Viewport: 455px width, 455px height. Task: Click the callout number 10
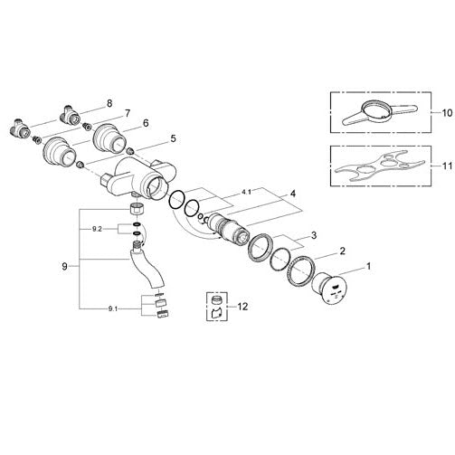(x=447, y=113)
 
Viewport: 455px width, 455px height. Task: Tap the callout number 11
(x=447, y=166)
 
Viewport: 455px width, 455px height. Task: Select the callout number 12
(x=242, y=307)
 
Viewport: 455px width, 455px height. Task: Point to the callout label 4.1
(x=246, y=192)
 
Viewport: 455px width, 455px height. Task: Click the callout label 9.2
(x=97, y=229)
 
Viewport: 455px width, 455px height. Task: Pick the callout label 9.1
(x=112, y=308)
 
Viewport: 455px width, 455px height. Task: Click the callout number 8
(x=109, y=103)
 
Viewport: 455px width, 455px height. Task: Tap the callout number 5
(x=173, y=138)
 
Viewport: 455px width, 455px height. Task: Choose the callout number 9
(x=64, y=267)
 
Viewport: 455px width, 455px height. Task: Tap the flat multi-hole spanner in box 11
(x=380, y=166)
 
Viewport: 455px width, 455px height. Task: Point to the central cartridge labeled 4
(x=229, y=228)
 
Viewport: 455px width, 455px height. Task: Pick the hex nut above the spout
(x=137, y=209)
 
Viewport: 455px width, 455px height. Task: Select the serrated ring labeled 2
(x=301, y=270)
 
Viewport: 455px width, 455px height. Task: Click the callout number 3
(x=314, y=235)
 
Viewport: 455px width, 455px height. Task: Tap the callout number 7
(x=128, y=114)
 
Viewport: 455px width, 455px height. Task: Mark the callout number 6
(x=146, y=123)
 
